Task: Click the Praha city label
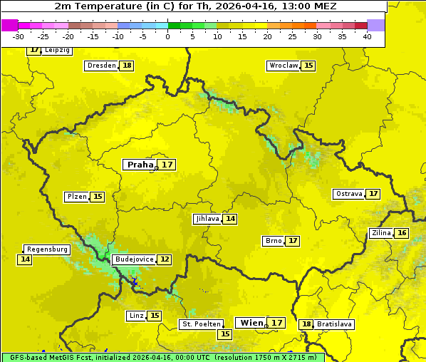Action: pyautogui.click(x=140, y=165)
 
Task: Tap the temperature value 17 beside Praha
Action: pyautogui.click(x=167, y=165)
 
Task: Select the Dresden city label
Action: pyautogui.click(x=101, y=66)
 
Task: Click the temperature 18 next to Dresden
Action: pyautogui.click(x=127, y=66)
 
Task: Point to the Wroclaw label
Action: pyautogui.click(x=283, y=66)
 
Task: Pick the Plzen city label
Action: pyautogui.click(x=77, y=197)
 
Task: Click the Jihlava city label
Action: pyautogui.click(x=207, y=219)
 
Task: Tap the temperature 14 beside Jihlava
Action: pyautogui.click(x=230, y=219)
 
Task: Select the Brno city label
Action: pyautogui.click(x=274, y=241)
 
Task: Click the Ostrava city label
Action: pyautogui.click(x=349, y=194)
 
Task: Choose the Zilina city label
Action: pyautogui.click(x=381, y=233)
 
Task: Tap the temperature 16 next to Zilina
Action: pyautogui.click(x=402, y=233)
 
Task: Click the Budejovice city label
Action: pyautogui.click(x=134, y=259)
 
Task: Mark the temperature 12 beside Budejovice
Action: pyautogui.click(x=165, y=259)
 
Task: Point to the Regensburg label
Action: pyautogui.click(x=47, y=249)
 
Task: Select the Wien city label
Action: pyautogui.click(x=251, y=323)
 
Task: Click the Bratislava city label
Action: pyautogui.click(x=335, y=324)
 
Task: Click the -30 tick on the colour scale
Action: pyautogui.click(x=19, y=36)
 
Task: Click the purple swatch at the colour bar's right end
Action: pyautogui.click(x=376, y=25)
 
